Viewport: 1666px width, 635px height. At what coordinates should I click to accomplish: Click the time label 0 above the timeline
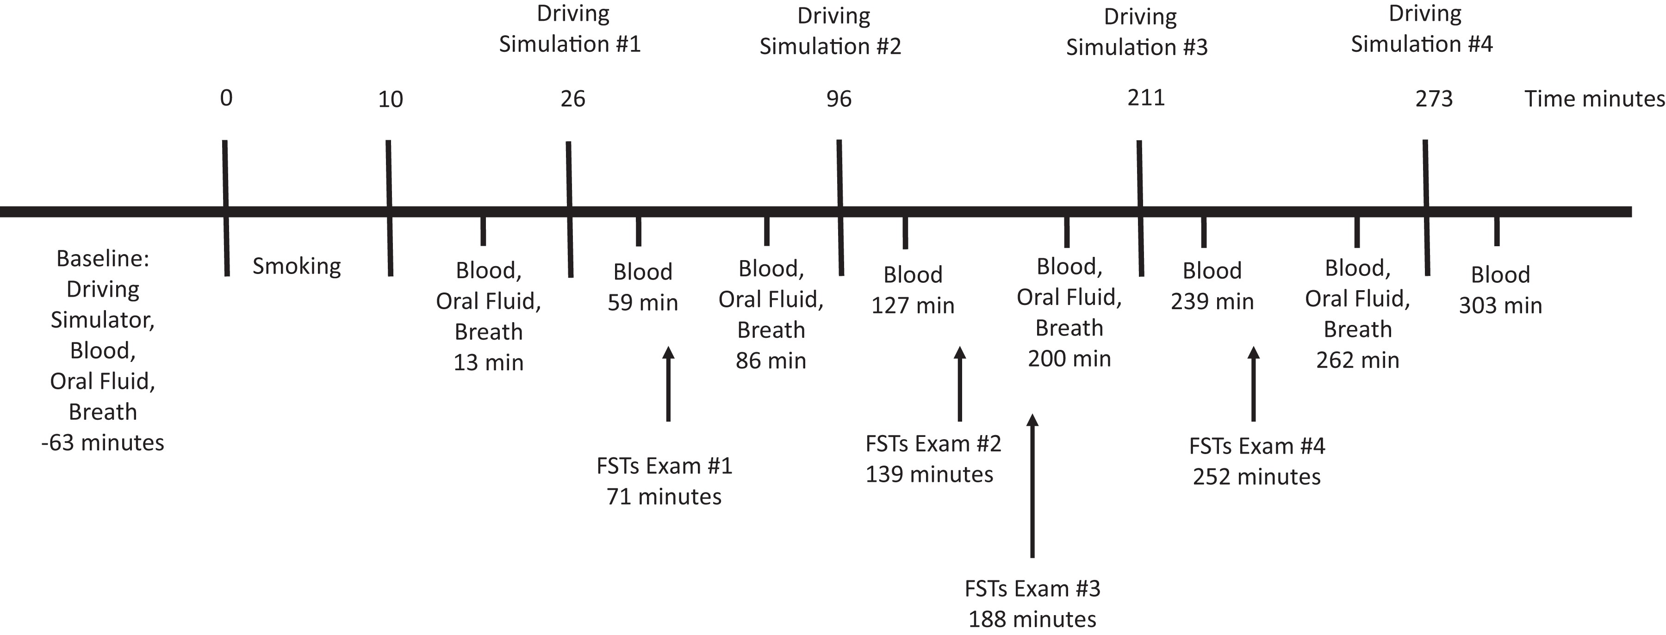coord(226,98)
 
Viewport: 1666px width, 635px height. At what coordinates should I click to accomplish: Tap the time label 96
coord(839,99)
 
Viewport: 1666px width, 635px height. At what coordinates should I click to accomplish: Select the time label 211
coord(1146,98)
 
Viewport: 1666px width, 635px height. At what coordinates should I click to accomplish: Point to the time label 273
coord(1434,99)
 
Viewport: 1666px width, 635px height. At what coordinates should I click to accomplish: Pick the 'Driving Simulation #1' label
coord(570,29)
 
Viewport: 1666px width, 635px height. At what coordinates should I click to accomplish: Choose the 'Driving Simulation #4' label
coord(1422,29)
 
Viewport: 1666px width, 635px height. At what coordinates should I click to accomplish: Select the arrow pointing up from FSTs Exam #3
coord(1032,485)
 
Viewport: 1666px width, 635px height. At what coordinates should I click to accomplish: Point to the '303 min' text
coord(1500,305)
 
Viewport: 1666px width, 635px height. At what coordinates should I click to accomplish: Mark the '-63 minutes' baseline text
coord(102,443)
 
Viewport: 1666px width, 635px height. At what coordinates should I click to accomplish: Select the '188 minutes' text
coord(1032,619)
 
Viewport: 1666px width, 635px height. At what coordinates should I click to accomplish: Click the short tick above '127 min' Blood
coord(905,233)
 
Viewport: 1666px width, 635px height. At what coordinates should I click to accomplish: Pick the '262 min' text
coord(1357,360)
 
